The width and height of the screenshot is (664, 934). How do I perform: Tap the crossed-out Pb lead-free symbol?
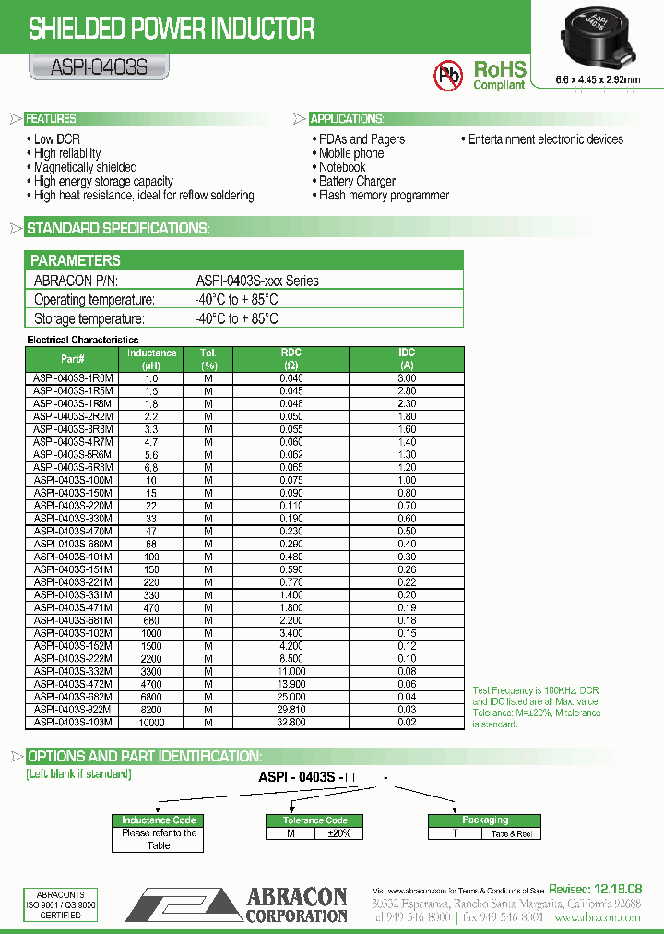[449, 75]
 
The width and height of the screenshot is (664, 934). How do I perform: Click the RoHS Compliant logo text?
[499, 75]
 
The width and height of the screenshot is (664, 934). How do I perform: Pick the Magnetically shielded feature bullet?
[85, 167]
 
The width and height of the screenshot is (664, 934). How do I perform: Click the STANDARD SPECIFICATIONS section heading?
[118, 228]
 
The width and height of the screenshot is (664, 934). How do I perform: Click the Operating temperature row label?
[94, 300]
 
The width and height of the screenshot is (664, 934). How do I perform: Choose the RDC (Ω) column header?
[290, 359]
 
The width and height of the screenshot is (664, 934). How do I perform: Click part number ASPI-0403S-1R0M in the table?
[73, 378]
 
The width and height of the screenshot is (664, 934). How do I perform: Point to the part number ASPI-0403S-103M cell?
[73, 722]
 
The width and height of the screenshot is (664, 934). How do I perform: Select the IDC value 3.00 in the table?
[407, 378]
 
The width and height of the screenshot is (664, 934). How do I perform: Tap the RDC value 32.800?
[290, 722]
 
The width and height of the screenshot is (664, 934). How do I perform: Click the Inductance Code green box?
[159, 820]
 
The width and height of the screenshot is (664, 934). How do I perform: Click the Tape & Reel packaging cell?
[512, 832]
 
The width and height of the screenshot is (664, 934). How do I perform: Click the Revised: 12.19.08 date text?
[595, 888]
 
